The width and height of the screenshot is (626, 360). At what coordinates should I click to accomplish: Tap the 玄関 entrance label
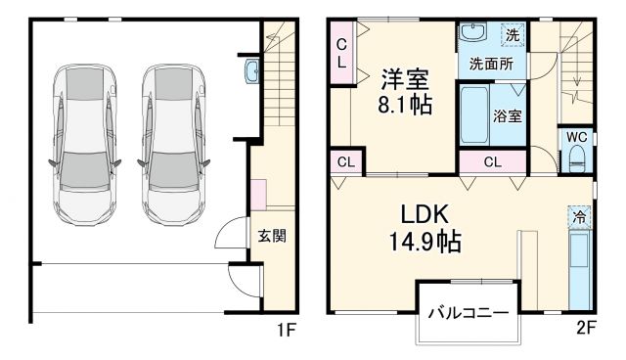[x=272, y=236]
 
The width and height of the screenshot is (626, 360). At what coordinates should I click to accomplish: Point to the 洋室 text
[x=405, y=76]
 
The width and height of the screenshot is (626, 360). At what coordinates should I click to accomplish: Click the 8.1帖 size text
[x=405, y=103]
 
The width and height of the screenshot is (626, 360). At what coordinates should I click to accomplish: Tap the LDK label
[x=423, y=213]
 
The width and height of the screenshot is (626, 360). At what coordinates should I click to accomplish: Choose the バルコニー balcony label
[x=467, y=314]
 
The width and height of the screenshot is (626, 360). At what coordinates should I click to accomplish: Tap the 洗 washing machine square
[x=513, y=35]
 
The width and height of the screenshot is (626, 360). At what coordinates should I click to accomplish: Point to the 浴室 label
[x=507, y=114]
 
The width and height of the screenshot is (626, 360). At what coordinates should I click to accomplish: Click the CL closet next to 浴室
[x=492, y=162]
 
